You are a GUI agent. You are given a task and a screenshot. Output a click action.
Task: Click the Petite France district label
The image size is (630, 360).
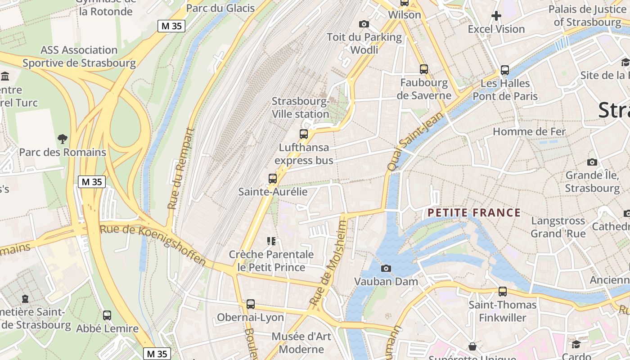click(x=474, y=212)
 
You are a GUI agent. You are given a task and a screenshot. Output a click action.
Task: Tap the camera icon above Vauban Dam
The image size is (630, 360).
click(x=386, y=268)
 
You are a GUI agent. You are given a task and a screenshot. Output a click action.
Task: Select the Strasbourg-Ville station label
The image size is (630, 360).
click(x=301, y=108)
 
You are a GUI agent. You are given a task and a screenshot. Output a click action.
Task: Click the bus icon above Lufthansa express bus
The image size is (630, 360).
click(x=304, y=134)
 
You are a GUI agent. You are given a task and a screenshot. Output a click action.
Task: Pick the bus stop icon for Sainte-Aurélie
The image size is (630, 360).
click(x=273, y=178)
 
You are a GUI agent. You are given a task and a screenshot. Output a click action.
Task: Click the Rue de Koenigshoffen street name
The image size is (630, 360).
click(x=153, y=245)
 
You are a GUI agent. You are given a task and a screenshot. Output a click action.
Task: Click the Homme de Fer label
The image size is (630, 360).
click(x=529, y=131)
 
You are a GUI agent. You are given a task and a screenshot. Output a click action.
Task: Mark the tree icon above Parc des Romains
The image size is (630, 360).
click(x=63, y=139)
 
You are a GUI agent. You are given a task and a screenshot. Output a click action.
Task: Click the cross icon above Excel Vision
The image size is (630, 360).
click(x=496, y=16)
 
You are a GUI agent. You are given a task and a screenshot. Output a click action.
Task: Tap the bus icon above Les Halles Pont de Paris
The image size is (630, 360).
click(x=505, y=70)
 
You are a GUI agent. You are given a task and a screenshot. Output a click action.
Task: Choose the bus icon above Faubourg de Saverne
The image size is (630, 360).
click(x=424, y=69)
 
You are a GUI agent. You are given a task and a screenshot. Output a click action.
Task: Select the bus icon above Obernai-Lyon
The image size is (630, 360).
click(x=251, y=304)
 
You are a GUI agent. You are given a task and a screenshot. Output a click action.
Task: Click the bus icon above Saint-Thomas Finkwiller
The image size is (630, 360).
click(x=503, y=292)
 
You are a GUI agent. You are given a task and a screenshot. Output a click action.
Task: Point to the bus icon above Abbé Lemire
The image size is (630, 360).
click(x=107, y=315)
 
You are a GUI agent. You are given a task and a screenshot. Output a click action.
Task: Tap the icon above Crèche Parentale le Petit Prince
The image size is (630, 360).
click(x=271, y=241)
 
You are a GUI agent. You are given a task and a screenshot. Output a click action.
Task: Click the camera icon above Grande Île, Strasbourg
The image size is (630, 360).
click(x=592, y=162)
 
